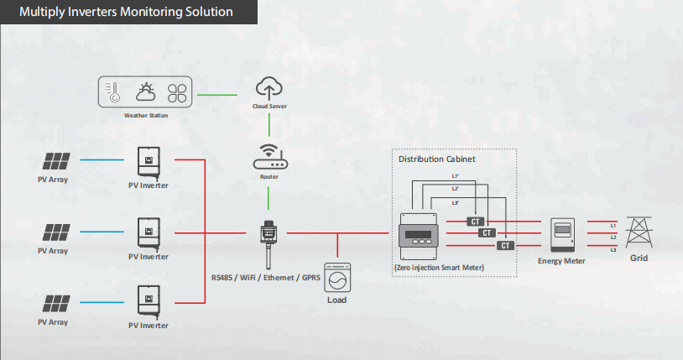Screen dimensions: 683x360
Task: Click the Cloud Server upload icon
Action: tap(269, 88)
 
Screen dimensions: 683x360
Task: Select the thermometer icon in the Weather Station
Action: tap(113, 92)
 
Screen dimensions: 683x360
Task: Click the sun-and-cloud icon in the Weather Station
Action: tap(145, 92)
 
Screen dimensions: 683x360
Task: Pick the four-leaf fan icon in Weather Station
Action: tap(177, 93)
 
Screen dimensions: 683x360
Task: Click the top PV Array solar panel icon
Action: tap(56, 161)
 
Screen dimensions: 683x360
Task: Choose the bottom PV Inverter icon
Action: tap(149, 301)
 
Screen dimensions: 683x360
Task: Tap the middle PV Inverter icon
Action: tap(149, 233)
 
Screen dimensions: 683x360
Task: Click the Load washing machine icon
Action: tap(337, 278)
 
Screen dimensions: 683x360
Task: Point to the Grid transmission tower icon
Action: tap(639, 232)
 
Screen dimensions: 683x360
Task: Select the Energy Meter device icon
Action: tap(562, 235)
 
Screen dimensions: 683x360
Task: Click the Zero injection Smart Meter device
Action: tap(418, 237)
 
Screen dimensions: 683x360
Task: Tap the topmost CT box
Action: tap(475, 222)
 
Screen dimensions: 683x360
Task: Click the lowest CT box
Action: tap(505, 246)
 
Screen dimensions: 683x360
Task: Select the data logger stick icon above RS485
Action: tap(269, 245)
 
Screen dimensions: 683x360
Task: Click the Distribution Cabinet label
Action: tap(437, 159)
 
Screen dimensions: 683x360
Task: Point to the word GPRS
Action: tap(311, 278)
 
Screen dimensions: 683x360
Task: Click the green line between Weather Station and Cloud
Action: tap(217, 95)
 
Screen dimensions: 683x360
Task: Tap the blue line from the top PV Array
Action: tap(102, 160)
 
